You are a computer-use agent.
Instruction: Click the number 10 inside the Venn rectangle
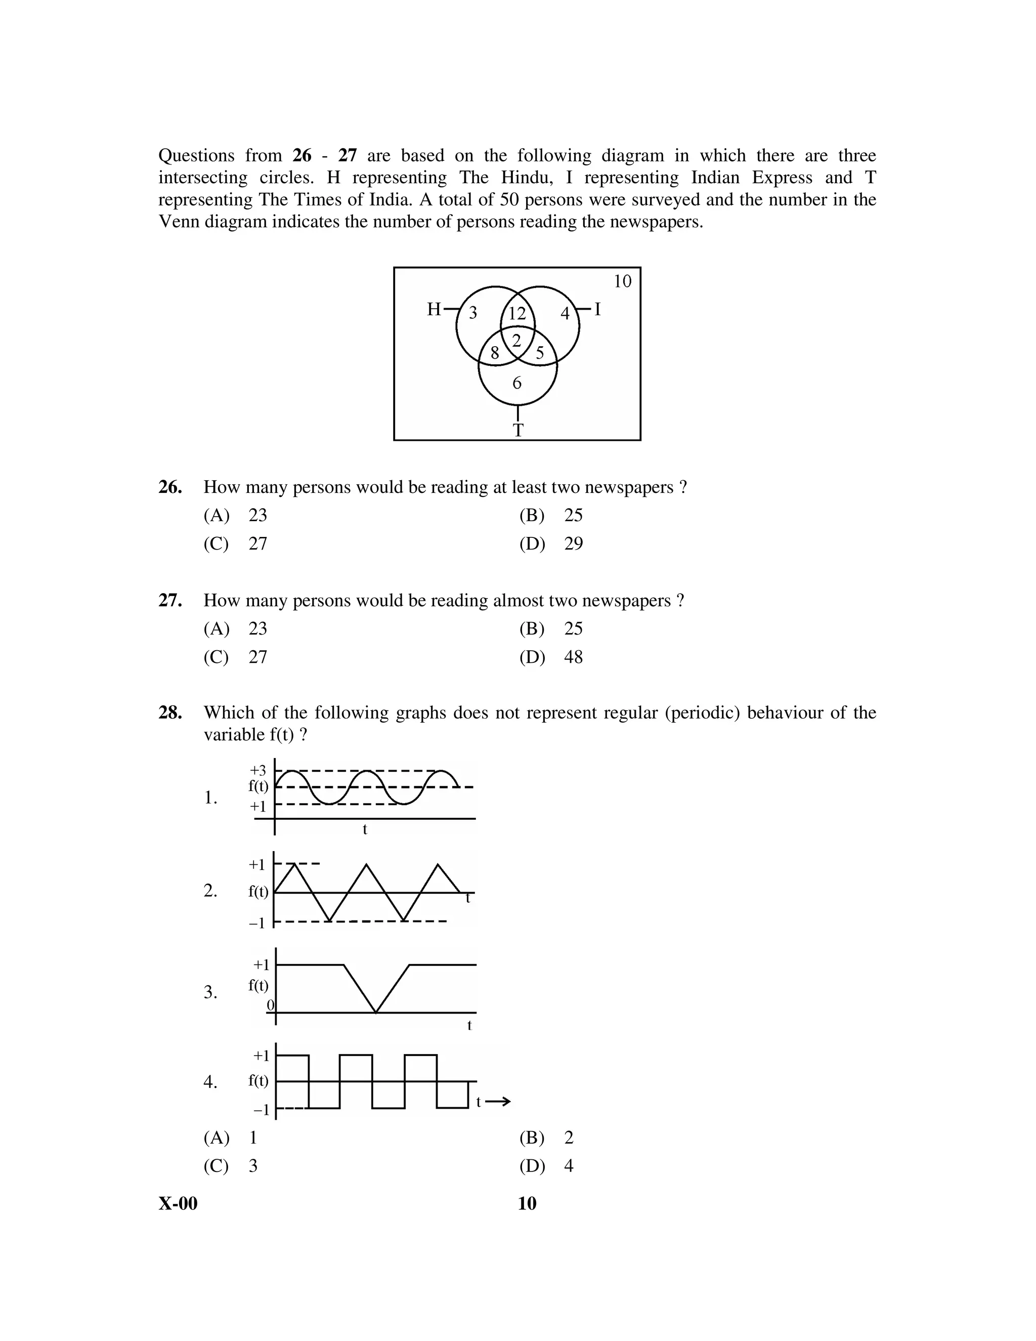pyautogui.click(x=622, y=281)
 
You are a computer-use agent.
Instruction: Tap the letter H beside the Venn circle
pyautogui.click(x=434, y=310)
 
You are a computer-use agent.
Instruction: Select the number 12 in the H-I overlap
pyautogui.click(x=517, y=314)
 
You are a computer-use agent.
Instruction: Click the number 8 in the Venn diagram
pyautogui.click(x=495, y=354)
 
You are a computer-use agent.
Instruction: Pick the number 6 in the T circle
pyautogui.click(x=517, y=383)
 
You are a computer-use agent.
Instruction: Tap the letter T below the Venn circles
pyautogui.click(x=518, y=431)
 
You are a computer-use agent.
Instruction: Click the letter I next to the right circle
pyautogui.click(x=597, y=310)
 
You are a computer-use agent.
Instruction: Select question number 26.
pyautogui.click(x=170, y=487)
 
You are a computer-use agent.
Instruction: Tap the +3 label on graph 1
pyautogui.click(x=258, y=770)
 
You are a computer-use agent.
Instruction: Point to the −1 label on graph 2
pyautogui.click(x=256, y=922)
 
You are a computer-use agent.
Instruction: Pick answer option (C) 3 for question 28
pyautogui.click(x=231, y=1165)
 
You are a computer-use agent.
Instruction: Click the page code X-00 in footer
pyautogui.click(x=178, y=1203)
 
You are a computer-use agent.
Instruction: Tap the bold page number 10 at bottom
pyautogui.click(x=527, y=1203)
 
